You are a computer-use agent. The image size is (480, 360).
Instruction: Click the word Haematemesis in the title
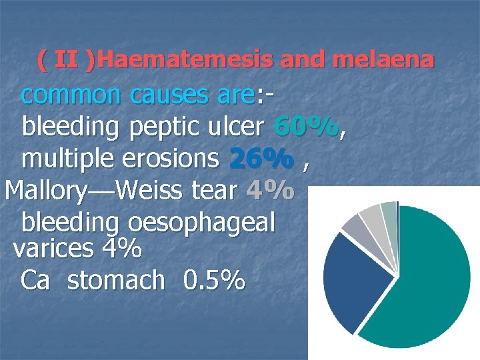(x=185, y=61)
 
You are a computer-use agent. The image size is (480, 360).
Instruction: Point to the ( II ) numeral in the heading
(x=65, y=61)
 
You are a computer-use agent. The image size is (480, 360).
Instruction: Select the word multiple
(x=69, y=159)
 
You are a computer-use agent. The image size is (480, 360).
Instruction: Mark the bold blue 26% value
(x=261, y=159)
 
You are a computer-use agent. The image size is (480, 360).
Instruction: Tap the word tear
(x=213, y=191)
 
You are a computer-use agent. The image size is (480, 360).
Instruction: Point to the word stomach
(x=116, y=281)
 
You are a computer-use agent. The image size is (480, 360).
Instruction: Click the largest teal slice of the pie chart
(x=427, y=280)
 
